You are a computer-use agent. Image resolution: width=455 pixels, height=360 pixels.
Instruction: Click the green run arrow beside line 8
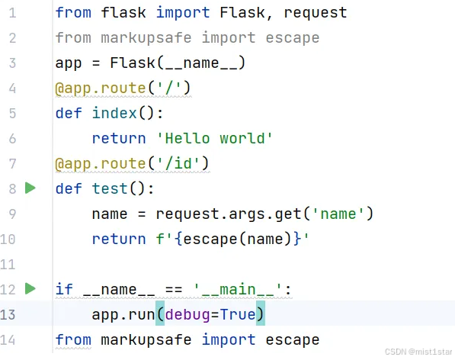point(30,188)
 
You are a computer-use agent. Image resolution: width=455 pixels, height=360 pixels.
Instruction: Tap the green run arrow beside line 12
point(30,288)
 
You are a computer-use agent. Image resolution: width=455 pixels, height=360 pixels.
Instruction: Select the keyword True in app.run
point(238,314)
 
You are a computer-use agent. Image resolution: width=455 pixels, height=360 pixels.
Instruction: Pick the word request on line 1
point(315,13)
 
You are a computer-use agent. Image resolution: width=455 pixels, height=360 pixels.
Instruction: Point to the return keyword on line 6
point(119,138)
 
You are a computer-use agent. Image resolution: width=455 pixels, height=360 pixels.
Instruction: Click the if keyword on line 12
point(64,289)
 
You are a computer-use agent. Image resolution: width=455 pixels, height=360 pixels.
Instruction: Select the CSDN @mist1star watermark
point(418,352)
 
